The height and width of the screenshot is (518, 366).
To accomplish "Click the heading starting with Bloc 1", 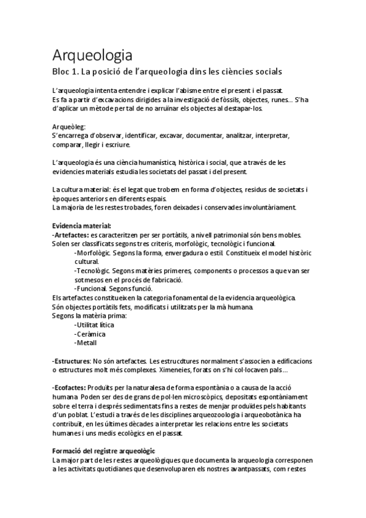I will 174,72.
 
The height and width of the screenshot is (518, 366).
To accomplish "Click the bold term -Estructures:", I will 72,360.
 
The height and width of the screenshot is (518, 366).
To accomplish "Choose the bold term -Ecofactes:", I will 69,387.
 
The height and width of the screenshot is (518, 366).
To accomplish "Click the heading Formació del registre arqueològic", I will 103,450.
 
